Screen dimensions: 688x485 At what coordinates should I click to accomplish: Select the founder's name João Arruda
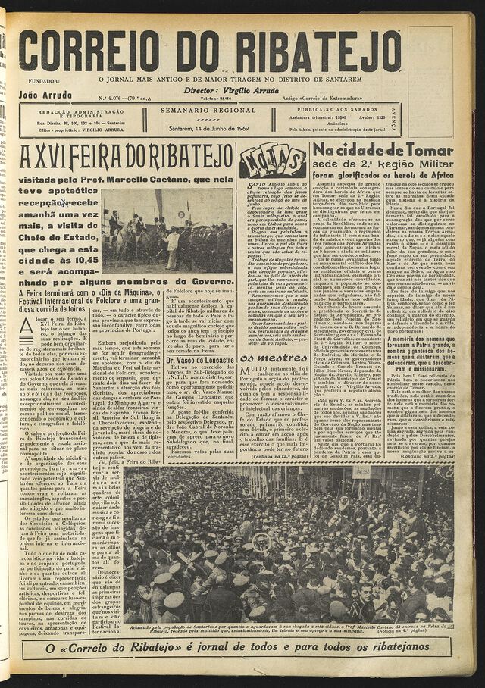click(x=44, y=95)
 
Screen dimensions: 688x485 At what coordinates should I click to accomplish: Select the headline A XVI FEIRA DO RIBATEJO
click(x=126, y=158)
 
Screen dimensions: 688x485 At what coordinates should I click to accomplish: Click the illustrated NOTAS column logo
click(x=273, y=161)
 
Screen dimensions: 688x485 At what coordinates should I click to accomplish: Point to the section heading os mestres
click(x=263, y=358)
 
